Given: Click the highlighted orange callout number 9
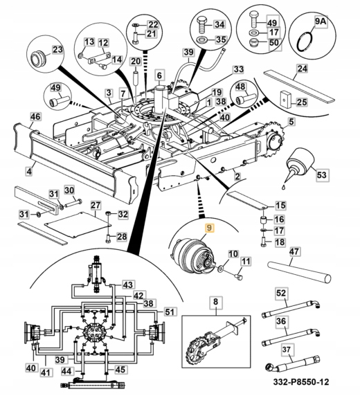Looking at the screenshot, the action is tap(210, 228).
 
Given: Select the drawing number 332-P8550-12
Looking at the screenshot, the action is tap(301, 381).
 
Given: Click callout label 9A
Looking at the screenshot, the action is tap(321, 21).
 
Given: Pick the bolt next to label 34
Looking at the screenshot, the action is tap(203, 26).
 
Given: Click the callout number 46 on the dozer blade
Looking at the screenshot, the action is tap(35, 117).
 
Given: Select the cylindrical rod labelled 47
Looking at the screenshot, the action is tap(299, 272).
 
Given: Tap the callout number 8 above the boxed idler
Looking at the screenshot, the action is tap(215, 302).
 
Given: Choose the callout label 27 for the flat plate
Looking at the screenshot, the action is tap(96, 206).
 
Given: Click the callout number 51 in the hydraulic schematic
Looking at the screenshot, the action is tap(170, 312).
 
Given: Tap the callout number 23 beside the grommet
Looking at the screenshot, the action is tap(57, 50).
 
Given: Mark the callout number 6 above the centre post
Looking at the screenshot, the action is tap(159, 75).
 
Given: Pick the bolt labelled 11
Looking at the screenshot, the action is tap(239, 276).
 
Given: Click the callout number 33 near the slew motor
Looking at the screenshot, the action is tap(239, 69).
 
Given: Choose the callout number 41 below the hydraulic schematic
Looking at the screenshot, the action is tap(46, 372).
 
